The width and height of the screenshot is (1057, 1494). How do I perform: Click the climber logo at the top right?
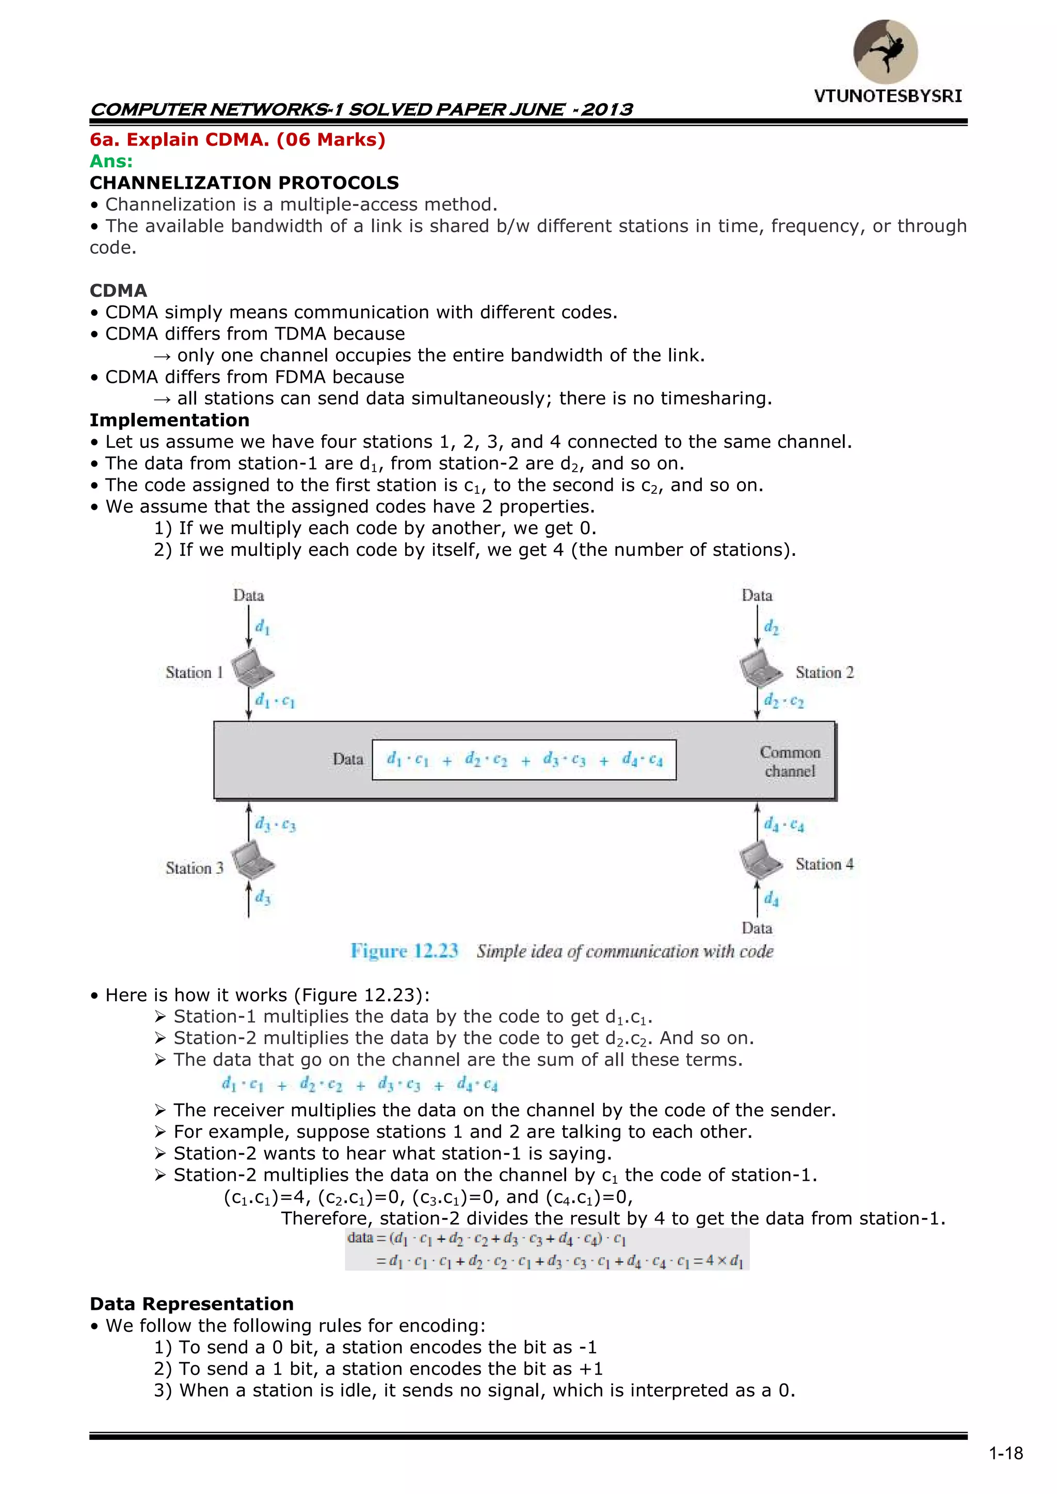885,52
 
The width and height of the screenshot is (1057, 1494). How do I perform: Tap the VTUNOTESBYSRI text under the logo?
888,97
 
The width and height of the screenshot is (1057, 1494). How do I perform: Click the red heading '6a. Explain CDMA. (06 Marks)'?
237,140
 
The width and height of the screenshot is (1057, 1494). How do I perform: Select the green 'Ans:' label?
111,162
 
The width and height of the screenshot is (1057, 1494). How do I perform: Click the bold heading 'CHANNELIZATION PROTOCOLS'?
244,183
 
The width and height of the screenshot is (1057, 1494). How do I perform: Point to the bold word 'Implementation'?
169,421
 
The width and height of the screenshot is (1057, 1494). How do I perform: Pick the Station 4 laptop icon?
760,860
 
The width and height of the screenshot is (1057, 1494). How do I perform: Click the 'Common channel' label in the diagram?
790,761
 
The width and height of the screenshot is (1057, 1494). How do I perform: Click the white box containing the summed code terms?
524,760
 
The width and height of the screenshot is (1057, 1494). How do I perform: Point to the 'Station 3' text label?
194,868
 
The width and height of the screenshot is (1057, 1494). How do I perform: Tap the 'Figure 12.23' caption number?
404,951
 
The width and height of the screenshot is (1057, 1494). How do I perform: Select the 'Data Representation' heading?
192,1304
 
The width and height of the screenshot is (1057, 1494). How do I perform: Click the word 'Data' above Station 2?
757,596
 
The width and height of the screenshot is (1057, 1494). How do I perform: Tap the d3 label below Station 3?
262,897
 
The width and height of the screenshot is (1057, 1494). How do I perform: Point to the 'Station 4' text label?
824,864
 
